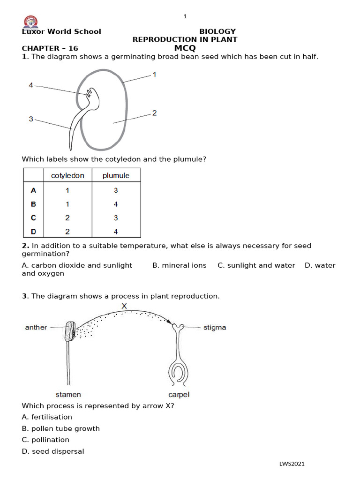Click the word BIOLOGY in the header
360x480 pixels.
[x=217, y=31]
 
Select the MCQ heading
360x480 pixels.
[x=185, y=48]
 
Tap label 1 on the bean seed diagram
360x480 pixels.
[x=154, y=74]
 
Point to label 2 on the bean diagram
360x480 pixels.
[x=154, y=113]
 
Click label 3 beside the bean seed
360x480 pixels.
[x=31, y=119]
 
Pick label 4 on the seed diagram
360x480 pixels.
[x=31, y=85]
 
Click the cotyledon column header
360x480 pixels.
[x=67, y=176]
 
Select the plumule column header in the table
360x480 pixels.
[x=116, y=176]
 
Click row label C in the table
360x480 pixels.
[x=33, y=217]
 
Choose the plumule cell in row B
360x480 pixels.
[x=116, y=204]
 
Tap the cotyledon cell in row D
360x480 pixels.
[x=67, y=231]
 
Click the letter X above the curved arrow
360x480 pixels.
[x=124, y=306]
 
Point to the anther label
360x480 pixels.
[x=36, y=327]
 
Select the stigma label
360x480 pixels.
[x=215, y=327]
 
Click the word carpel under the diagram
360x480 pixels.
[x=179, y=395]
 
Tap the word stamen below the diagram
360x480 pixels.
[x=68, y=395]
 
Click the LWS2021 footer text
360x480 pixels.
[x=292, y=464]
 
